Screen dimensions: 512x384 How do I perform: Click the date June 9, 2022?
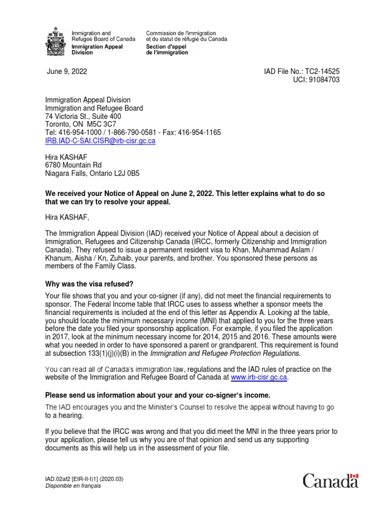click(67, 71)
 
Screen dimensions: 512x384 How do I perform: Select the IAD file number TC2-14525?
click(322, 71)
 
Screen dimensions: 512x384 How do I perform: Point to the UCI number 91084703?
click(325, 80)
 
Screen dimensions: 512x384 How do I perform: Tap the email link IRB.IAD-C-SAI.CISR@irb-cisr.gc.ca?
click(100, 141)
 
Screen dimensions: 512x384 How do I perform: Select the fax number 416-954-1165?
click(203, 132)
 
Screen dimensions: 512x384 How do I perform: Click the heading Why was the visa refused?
click(89, 284)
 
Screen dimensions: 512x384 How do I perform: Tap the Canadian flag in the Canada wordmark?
click(354, 476)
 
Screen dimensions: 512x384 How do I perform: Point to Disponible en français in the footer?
click(73, 486)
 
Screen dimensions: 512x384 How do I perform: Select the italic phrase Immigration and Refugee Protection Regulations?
click(225, 353)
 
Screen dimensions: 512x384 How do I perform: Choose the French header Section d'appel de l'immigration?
click(167, 49)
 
